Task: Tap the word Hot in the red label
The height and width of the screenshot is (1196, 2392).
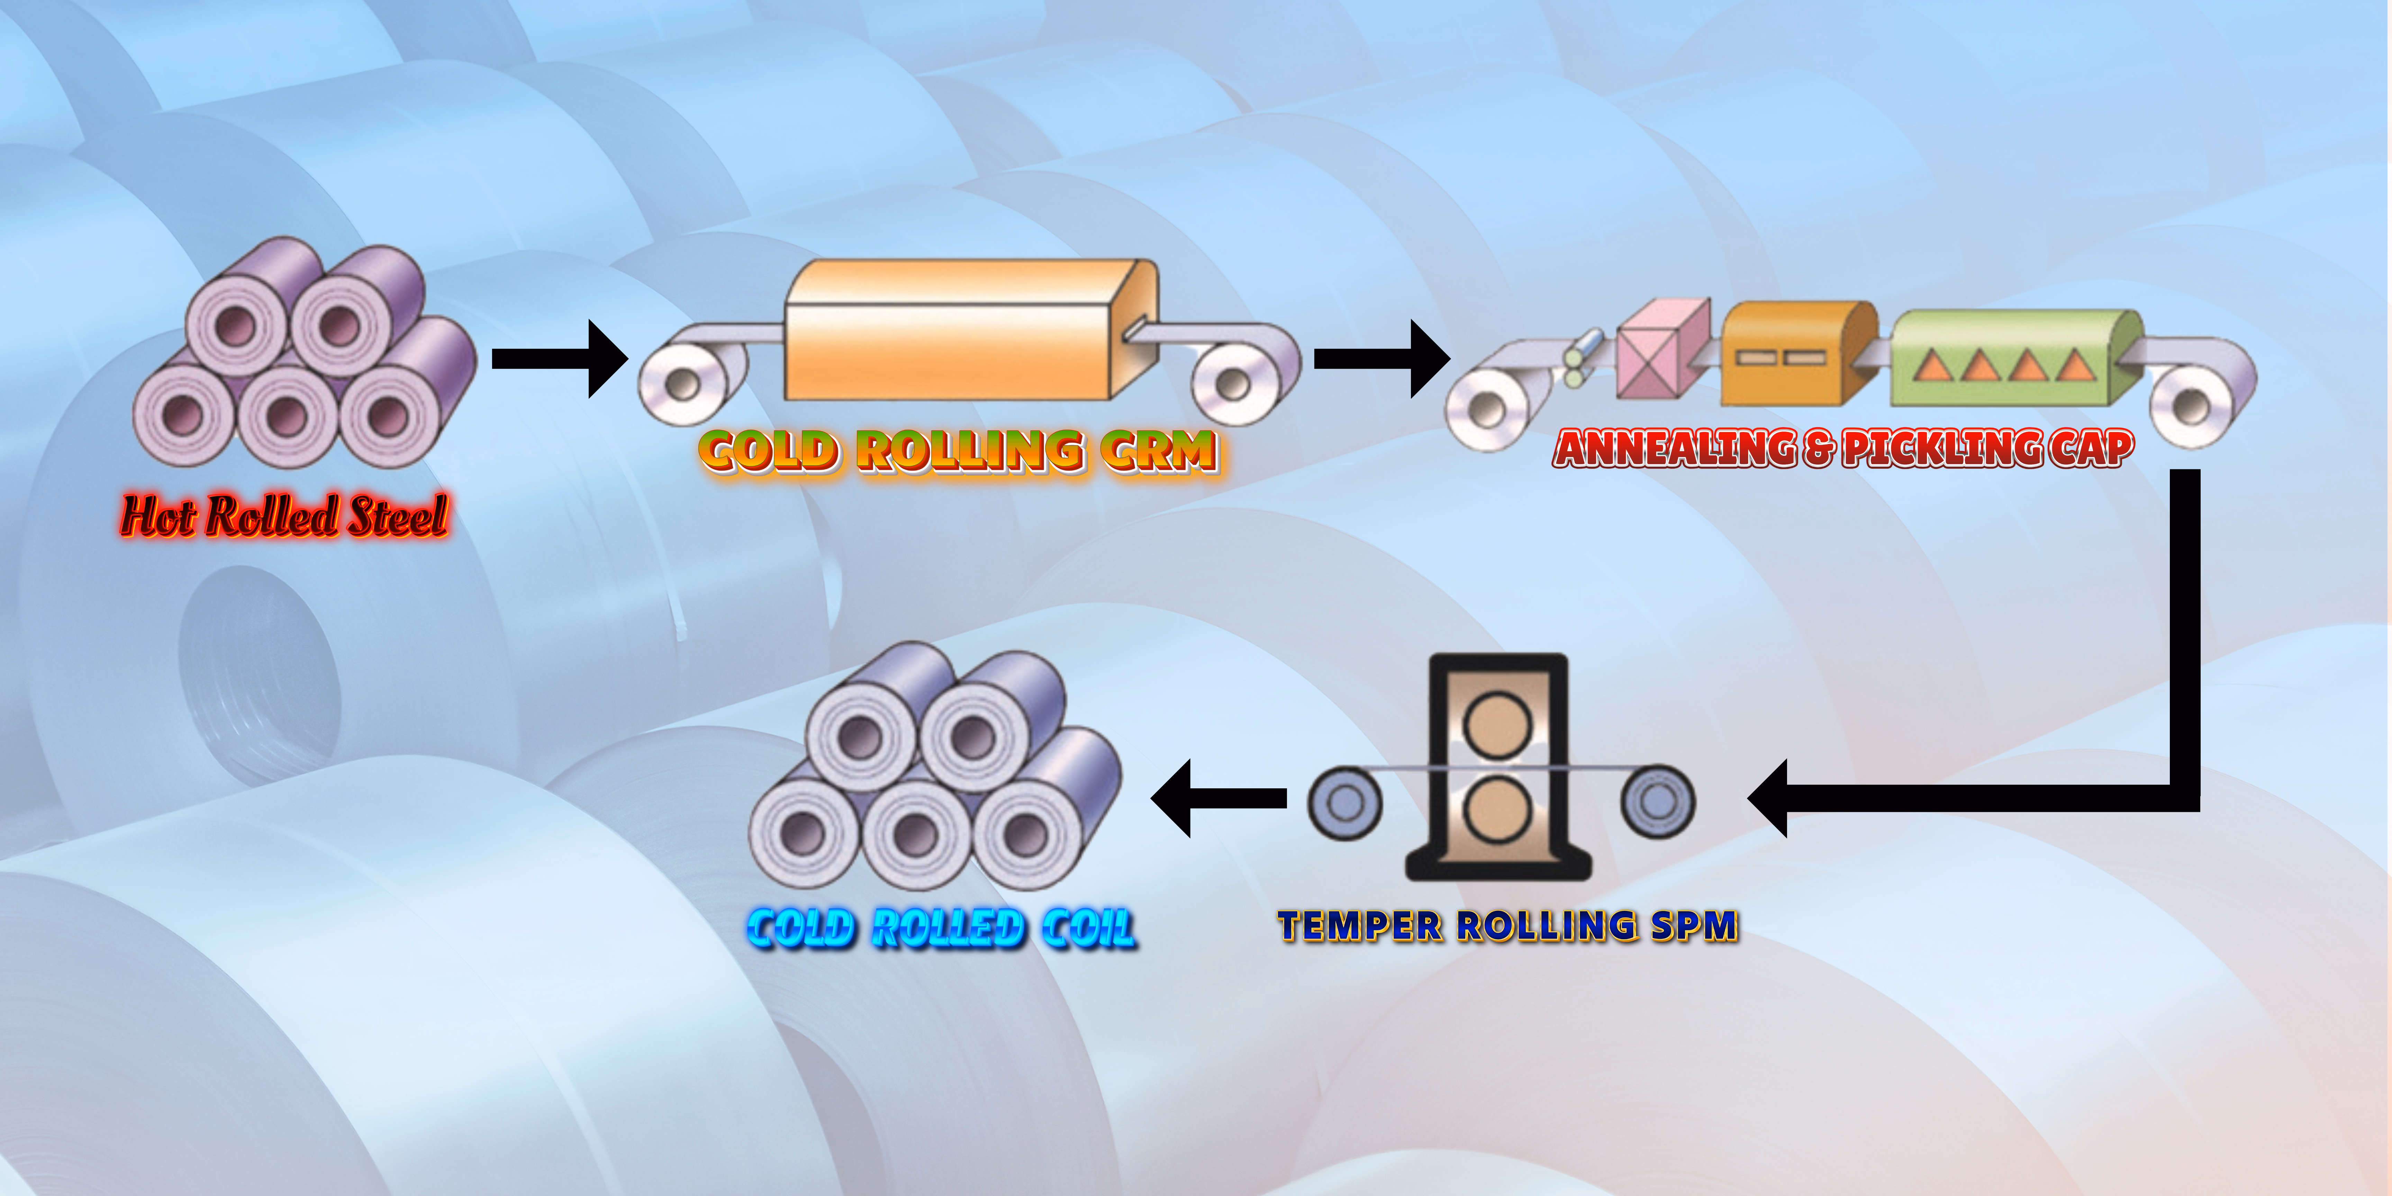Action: (x=159, y=516)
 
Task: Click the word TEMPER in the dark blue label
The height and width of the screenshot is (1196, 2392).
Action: (x=1359, y=927)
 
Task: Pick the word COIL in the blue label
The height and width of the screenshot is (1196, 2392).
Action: (x=1087, y=928)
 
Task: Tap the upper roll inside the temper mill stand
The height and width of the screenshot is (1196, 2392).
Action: (x=1497, y=723)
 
